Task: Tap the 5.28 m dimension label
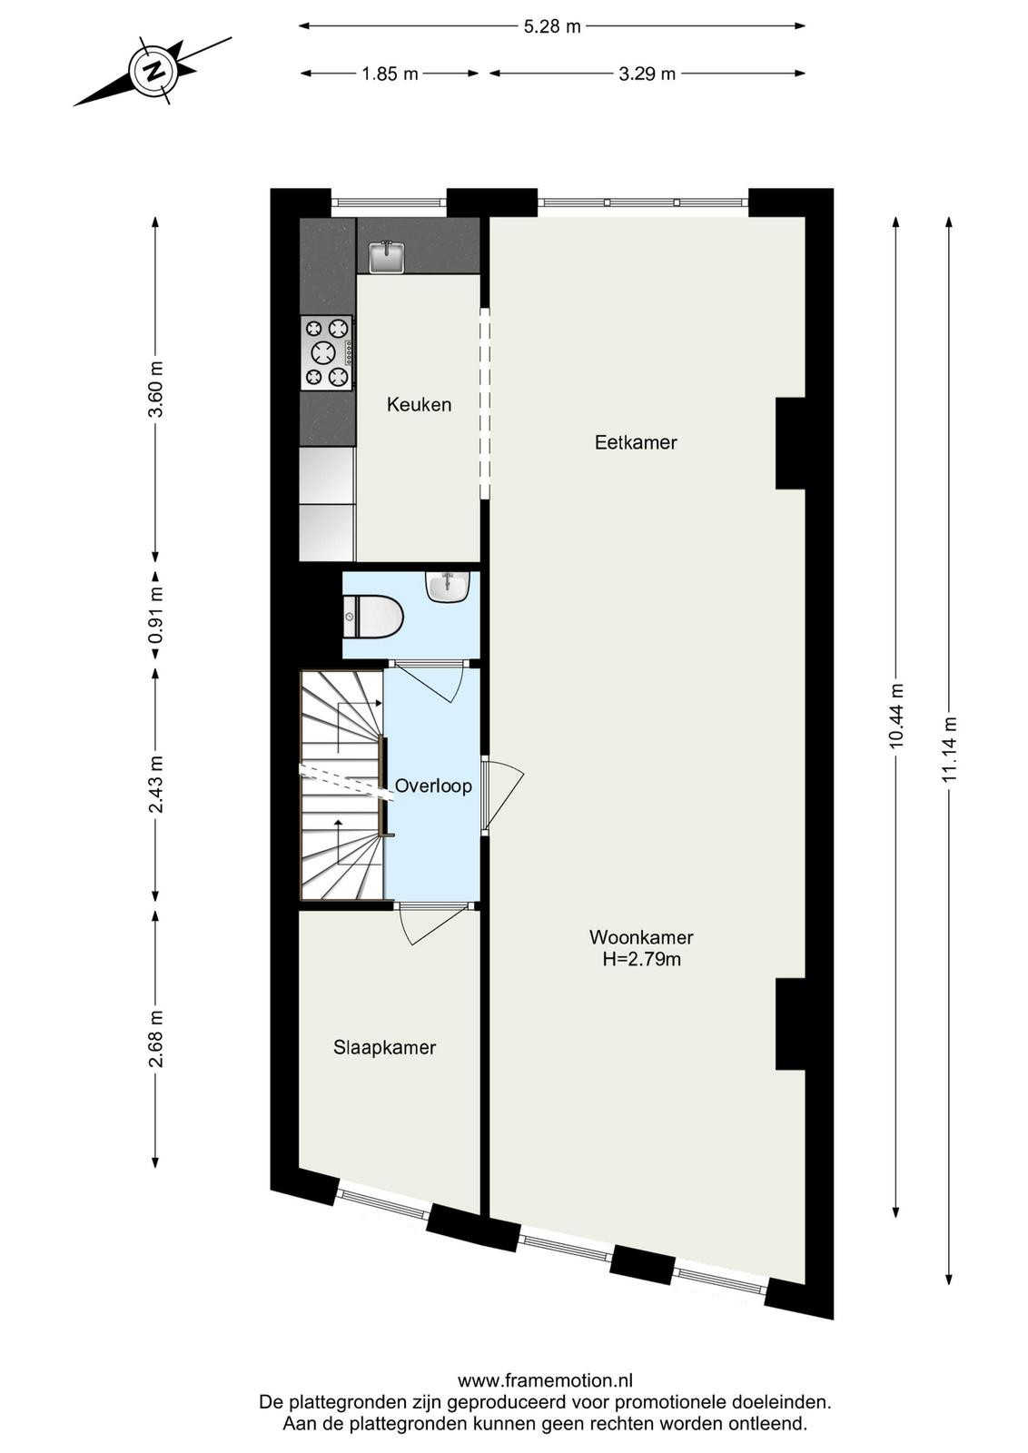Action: (552, 26)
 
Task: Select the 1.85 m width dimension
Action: (390, 74)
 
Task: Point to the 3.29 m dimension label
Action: (647, 74)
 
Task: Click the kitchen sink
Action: (387, 257)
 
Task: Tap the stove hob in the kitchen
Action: (327, 353)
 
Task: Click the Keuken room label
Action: (419, 405)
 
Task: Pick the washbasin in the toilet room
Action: (447, 587)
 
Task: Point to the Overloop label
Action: (433, 786)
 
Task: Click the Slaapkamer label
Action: (385, 1047)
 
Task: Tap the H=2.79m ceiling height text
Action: (641, 959)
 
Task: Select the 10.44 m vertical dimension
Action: (896, 717)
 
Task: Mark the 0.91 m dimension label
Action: (155, 615)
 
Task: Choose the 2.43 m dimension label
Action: (155, 785)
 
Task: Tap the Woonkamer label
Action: (641, 937)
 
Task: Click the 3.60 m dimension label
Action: (155, 390)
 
